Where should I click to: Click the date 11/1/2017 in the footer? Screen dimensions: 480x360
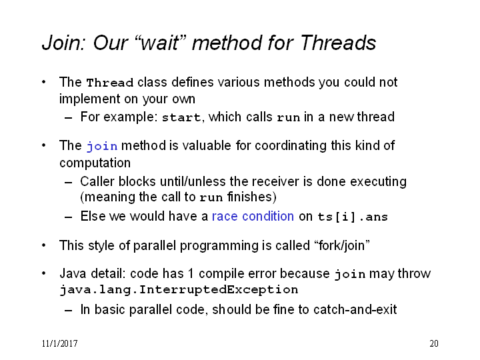pos(60,343)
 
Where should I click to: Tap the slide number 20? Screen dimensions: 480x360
pos(434,343)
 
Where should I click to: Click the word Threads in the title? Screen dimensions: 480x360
pos(338,42)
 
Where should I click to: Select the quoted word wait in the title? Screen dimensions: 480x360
pos(161,43)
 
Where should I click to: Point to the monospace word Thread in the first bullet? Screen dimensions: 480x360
pos(109,83)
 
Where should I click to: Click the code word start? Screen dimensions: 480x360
pos(181,117)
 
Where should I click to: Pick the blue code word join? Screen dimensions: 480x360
pos(102,146)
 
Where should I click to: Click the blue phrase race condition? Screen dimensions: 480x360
pos(253,216)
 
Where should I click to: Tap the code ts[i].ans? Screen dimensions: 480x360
pos(353,217)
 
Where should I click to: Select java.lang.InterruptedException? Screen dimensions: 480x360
pos(179,289)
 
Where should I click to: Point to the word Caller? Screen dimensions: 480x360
pos(97,181)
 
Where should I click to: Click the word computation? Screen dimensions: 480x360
pos(95,163)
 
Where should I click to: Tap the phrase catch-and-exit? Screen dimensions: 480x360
pos(355,309)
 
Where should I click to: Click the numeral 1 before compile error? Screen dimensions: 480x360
pos(191,273)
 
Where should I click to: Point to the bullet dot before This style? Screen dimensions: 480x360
pos(44,245)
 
